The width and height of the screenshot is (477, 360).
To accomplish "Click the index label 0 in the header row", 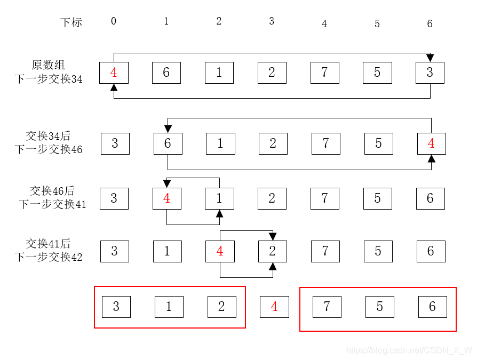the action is (x=114, y=21).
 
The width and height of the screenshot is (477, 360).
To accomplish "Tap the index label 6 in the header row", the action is (x=430, y=23).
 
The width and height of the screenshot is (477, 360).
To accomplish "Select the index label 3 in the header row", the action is (x=272, y=21).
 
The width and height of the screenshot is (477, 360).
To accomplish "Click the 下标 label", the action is (x=71, y=22).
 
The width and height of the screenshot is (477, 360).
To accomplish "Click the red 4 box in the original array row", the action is (x=114, y=73).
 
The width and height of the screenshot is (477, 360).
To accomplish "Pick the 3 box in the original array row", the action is (x=430, y=73).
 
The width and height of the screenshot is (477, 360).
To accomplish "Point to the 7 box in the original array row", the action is (x=324, y=73).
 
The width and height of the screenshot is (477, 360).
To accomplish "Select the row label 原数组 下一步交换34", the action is (x=49, y=72).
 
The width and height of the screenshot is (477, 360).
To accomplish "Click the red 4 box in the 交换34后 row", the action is (x=432, y=143).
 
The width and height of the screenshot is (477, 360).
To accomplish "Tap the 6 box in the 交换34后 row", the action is (x=168, y=143).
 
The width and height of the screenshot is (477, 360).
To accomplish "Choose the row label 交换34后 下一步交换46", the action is (x=49, y=142).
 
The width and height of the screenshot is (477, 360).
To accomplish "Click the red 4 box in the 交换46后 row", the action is (x=167, y=198).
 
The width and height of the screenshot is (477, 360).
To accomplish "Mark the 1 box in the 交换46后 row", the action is (x=219, y=198).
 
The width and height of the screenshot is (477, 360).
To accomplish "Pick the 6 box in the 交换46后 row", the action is (x=431, y=198).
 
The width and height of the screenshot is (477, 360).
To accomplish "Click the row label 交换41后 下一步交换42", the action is (x=49, y=250).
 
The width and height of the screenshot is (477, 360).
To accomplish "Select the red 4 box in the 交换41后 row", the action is (x=220, y=251).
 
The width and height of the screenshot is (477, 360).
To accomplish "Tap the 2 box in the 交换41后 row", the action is (x=273, y=251).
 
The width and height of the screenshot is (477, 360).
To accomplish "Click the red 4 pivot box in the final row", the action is (x=274, y=307).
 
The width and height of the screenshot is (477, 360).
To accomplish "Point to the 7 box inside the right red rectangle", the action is (x=327, y=307).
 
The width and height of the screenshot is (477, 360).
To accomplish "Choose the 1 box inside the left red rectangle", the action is (x=169, y=307).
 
